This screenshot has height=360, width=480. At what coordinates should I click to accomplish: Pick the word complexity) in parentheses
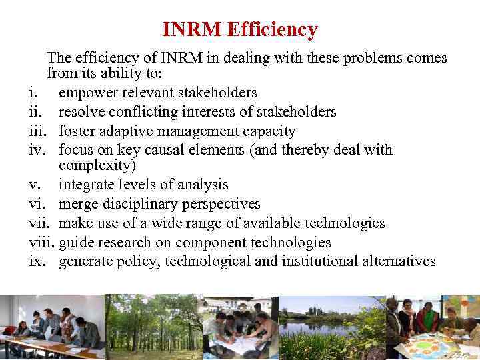pyautogui.click(x=97, y=165)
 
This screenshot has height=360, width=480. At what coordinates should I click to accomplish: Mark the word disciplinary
pyautogui.click(x=142, y=204)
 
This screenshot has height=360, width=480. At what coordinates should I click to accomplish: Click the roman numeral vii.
pyautogui.click(x=38, y=223)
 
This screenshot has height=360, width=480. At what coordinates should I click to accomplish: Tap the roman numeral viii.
pyautogui.click(x=41, y=243)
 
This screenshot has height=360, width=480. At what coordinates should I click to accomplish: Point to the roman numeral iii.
pyautogui.click(x=37, y=131)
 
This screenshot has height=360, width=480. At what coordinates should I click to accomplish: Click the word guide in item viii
pyautogui.click(x=75, y=243)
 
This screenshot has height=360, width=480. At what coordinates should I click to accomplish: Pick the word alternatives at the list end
pyautogui.click(x=398, y=261)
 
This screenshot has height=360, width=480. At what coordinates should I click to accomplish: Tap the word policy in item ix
pyautogui.click(x=138, y=261)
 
